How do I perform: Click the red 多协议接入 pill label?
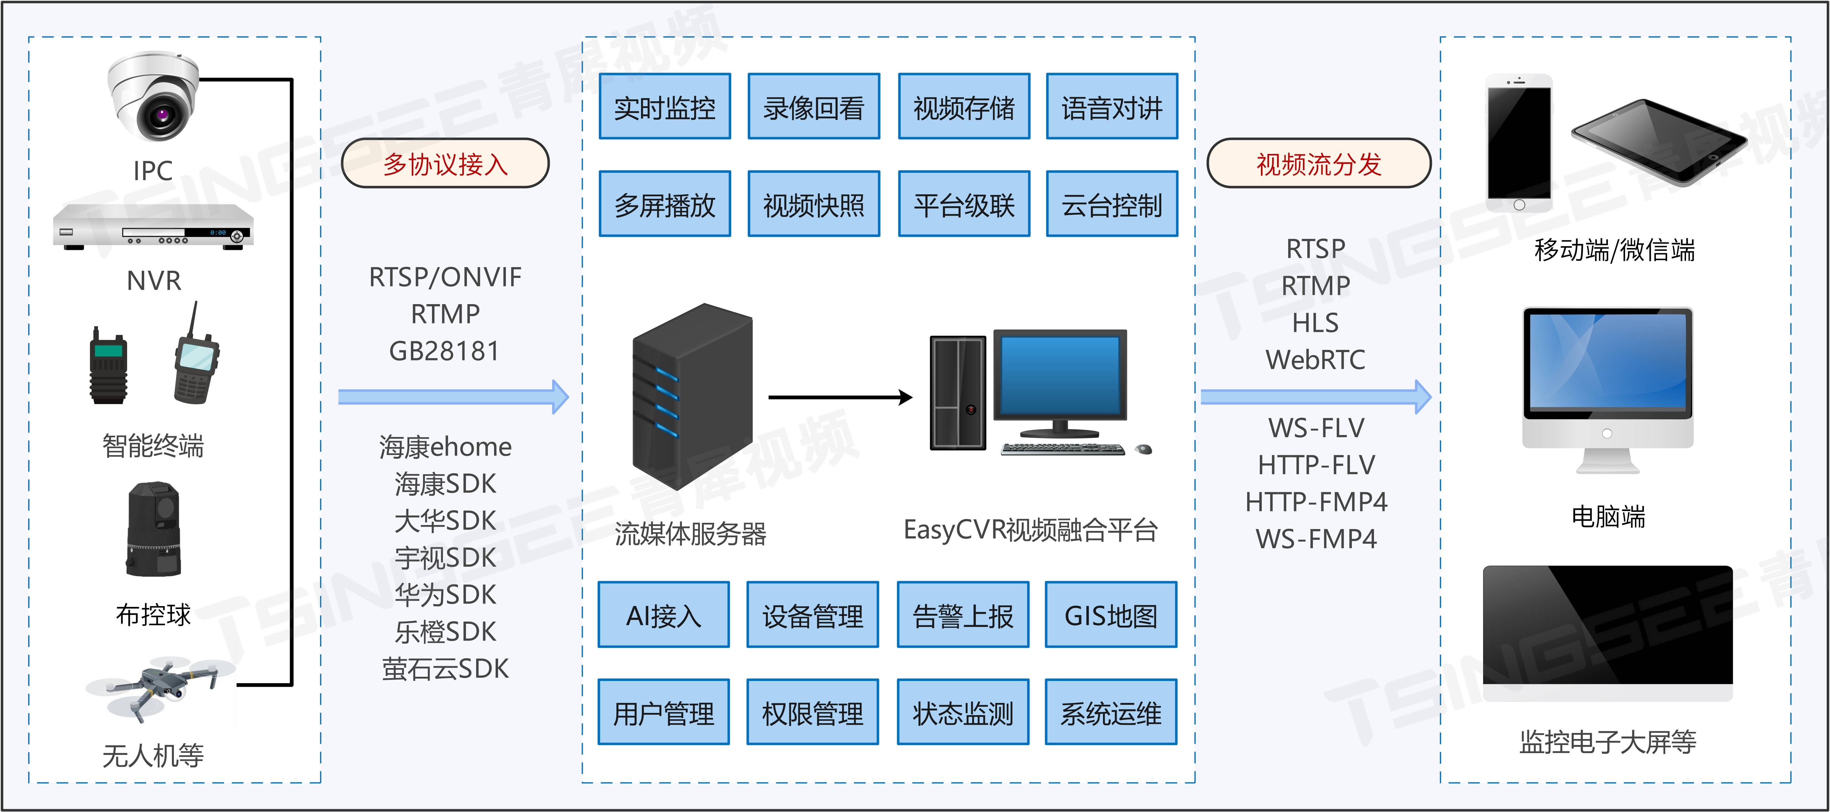tap(445, 163)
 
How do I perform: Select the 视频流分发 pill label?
tap(1319, 163)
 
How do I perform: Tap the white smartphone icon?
tap(1519, 142)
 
